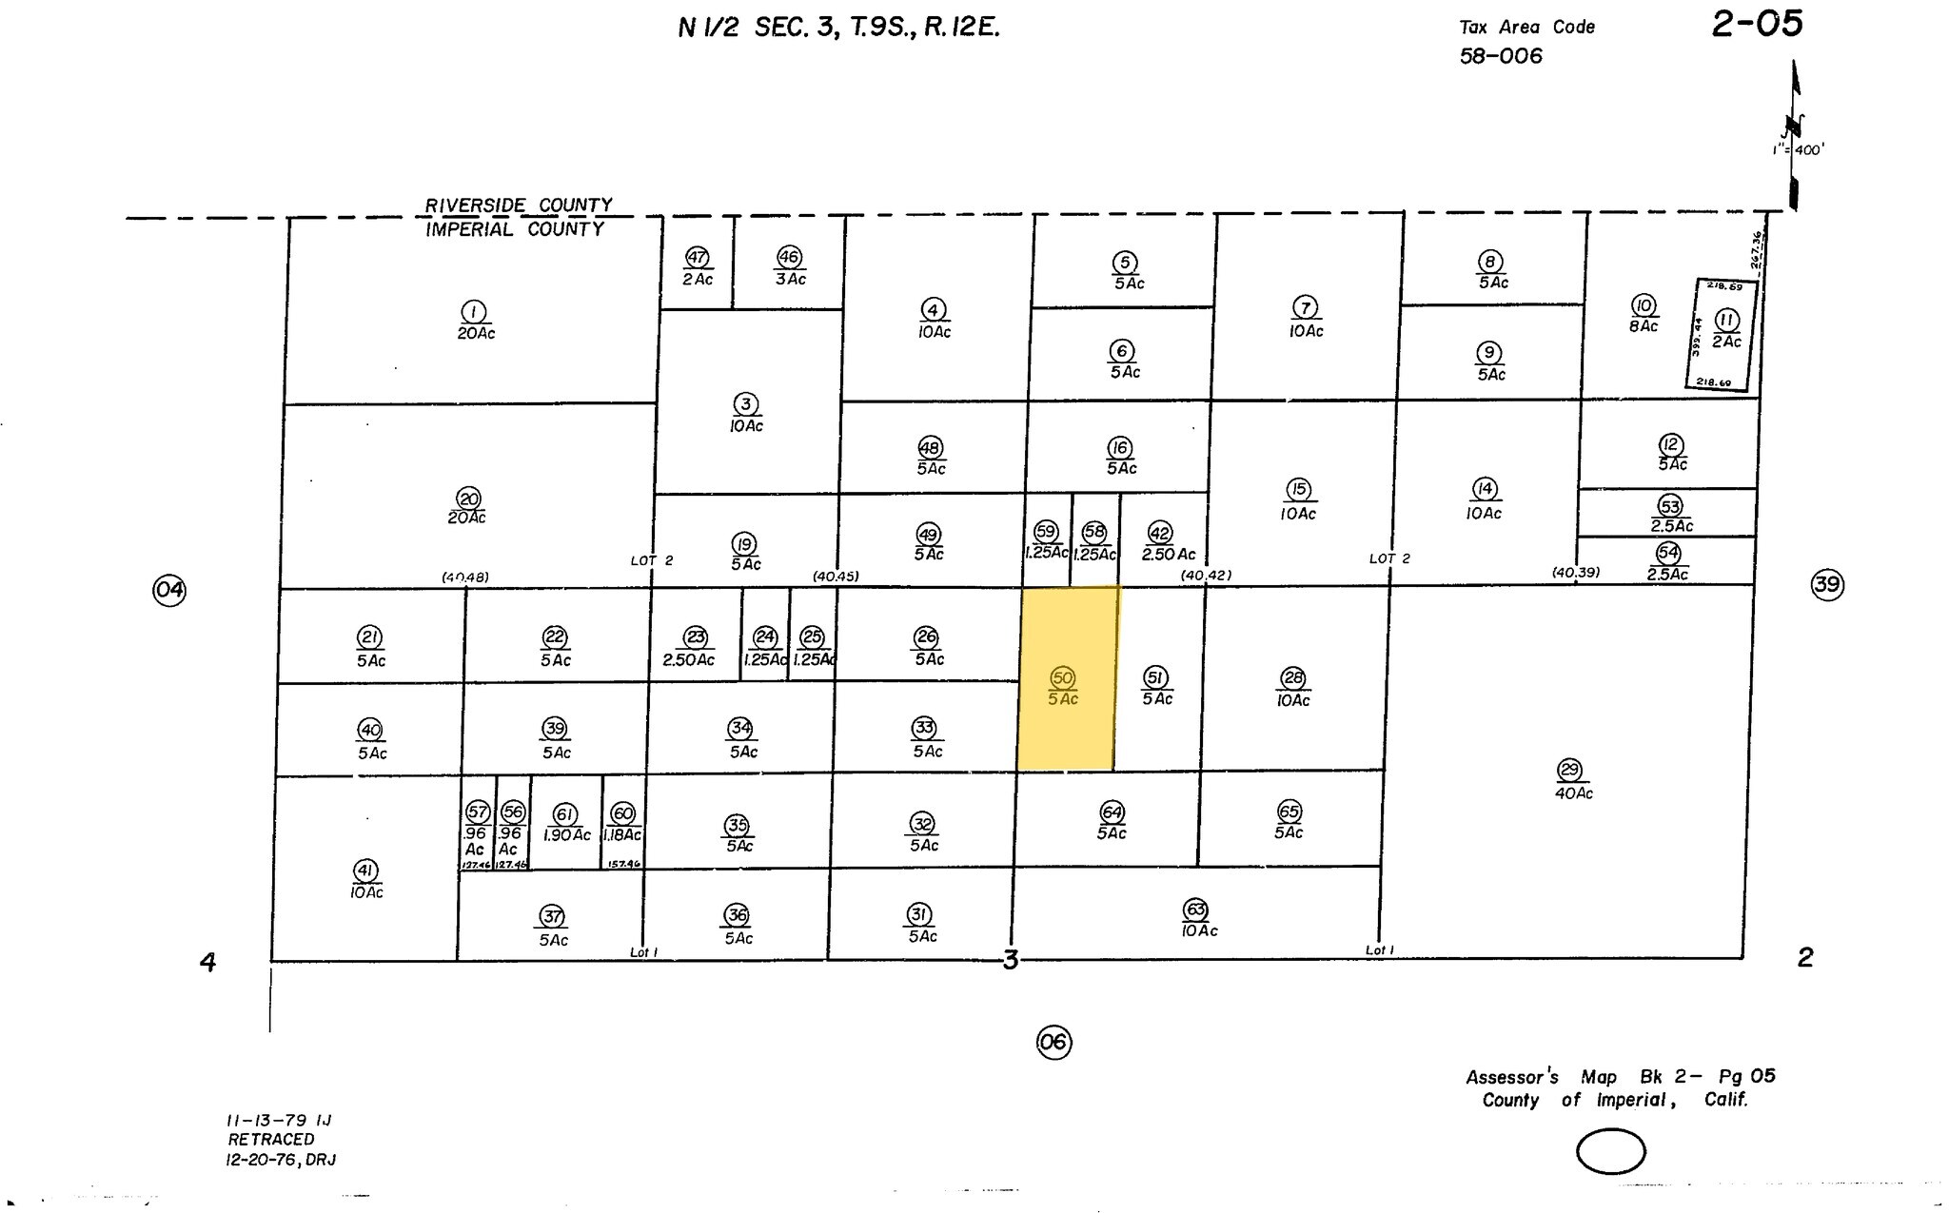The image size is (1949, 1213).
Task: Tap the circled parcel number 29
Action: (1569, 770)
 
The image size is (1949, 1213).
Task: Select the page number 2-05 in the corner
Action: (1757, 24)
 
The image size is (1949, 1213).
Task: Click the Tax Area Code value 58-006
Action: (1501, 56)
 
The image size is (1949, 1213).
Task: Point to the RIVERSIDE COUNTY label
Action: (518, 205)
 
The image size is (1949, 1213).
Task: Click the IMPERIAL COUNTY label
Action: (514, 229)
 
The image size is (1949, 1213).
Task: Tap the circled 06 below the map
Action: (1053, 1043)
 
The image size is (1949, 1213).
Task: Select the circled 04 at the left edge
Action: (169, 590)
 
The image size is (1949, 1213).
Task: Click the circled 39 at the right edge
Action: (1826, 584)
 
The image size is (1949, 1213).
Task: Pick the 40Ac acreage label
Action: (1573, 793)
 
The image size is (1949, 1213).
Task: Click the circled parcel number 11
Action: (1726, 320)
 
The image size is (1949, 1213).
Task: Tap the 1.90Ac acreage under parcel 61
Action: (567, 835)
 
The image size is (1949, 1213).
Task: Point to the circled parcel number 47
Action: (698, 257)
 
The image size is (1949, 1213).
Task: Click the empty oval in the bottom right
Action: (1610, 1152)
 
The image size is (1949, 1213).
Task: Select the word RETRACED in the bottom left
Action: (270, 1140)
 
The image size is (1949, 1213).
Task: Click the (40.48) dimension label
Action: (465, 577)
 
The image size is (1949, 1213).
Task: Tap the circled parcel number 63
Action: (1196, 909)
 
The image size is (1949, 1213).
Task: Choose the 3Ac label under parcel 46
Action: (790, 280)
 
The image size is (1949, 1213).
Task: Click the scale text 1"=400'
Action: (1798, 150)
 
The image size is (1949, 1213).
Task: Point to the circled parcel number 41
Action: (365, 870)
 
